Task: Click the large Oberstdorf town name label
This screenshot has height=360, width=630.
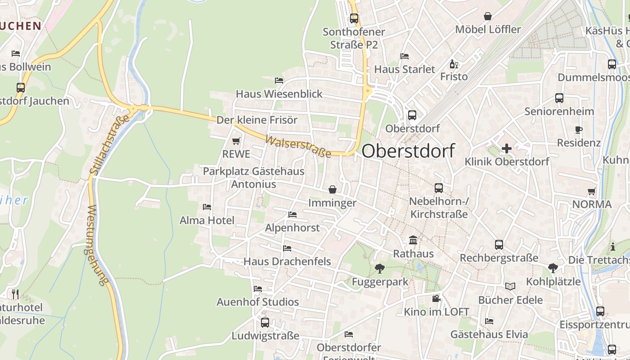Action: [408, 151]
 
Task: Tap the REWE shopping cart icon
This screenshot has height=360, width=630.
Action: [236, 141]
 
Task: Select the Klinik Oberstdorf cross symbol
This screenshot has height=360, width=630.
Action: [507, 148]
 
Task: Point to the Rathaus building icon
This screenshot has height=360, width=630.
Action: [413, 240]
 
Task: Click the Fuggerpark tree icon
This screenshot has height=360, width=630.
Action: [380, 269]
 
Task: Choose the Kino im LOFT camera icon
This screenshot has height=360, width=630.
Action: [436, 298]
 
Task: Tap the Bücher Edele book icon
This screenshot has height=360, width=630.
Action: [510, 286]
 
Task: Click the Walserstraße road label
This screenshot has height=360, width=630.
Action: [298, 147]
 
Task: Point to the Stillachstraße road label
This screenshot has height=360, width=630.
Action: [109, 144]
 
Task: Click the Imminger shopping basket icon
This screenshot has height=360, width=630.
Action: [333, 189]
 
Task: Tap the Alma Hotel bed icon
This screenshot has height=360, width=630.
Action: [207, 207]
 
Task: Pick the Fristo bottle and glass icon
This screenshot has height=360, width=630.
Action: [454, 64]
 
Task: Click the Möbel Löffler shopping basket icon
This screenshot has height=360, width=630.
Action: [487, 17]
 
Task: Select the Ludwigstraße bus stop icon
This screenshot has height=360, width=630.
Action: [265, 323]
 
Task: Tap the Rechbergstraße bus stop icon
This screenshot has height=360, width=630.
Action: [499, 245]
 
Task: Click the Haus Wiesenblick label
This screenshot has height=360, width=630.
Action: [279, 94]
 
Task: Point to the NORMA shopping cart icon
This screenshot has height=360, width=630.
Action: [592, 192]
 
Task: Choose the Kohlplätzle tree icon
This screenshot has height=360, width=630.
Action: [553, 269]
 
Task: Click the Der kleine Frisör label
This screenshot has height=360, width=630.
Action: [257, 120]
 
